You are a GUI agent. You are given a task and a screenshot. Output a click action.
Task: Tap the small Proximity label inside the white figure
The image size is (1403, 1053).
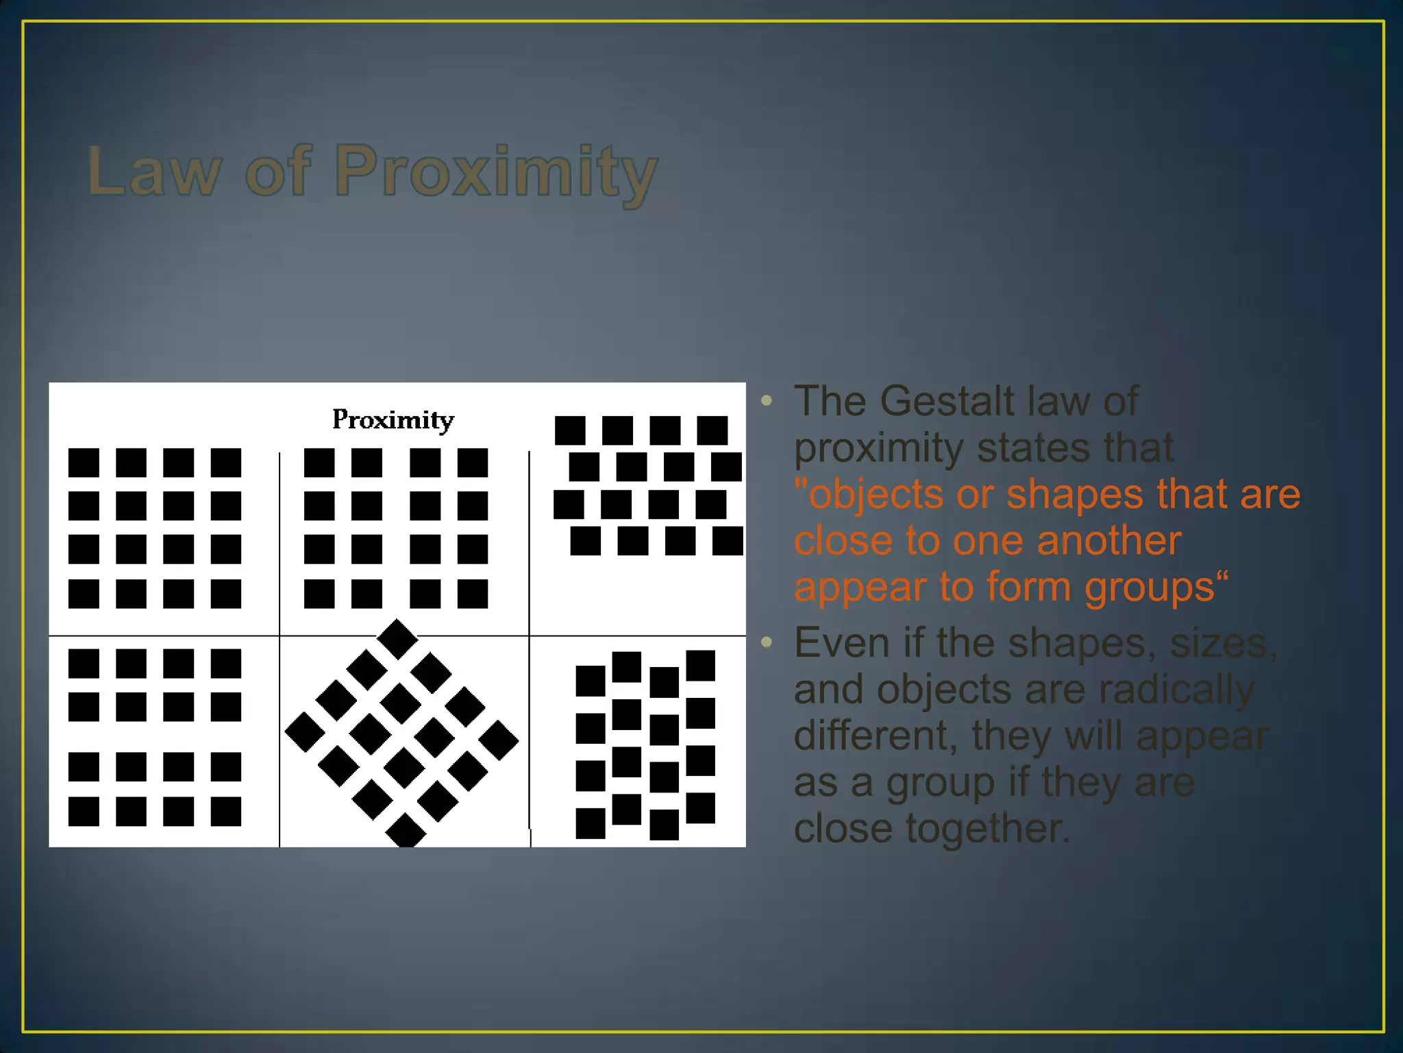393,420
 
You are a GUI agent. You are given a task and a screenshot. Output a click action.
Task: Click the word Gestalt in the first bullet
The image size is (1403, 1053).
947,401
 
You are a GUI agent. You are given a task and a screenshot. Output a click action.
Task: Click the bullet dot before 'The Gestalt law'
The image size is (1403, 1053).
767,400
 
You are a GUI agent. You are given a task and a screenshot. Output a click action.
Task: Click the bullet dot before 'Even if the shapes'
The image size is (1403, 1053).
767,642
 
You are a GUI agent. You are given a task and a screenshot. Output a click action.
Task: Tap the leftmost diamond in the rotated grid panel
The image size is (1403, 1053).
305,732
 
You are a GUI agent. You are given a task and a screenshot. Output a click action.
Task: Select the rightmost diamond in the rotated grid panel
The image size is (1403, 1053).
499,740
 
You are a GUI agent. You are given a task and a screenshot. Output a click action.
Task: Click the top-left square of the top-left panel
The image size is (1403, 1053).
84,463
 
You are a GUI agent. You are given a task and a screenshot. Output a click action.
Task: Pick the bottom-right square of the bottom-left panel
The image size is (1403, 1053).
225,812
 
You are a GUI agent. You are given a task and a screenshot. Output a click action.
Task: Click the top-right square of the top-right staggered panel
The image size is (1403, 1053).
712,431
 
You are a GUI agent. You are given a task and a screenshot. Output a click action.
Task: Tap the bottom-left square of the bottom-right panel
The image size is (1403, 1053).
591,823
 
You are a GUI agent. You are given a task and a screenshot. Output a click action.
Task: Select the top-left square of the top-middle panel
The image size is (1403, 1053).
319,463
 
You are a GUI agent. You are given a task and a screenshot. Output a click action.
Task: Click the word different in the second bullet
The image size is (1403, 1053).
875,736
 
